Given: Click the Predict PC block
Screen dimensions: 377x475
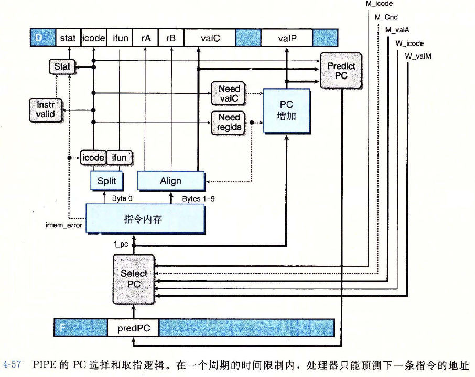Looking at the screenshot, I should point(341,70).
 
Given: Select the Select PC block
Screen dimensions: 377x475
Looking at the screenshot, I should point(134,279).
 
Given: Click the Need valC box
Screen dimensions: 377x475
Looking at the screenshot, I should point(229,93).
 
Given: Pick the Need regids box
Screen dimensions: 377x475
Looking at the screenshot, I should point(229,123).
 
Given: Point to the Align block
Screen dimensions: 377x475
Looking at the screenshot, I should point(170,181).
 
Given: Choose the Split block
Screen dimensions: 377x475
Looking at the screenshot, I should point(106,181).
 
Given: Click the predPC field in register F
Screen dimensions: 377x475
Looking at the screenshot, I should point(133,328).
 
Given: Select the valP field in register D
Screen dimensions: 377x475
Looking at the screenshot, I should point(287,38).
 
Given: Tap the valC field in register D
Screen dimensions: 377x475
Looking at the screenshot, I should point(210,38).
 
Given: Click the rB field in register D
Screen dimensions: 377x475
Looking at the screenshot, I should point(170,38).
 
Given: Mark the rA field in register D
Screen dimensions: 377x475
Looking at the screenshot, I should point(146,38).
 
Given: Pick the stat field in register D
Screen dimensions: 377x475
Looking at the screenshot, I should point(68,38).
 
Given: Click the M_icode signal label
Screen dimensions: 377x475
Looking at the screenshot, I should point(379,4).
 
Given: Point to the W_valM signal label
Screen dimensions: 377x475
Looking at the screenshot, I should point(418,57).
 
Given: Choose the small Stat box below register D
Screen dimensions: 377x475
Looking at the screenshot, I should point(62,66).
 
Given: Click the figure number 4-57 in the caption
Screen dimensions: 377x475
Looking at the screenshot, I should point(12,365).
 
